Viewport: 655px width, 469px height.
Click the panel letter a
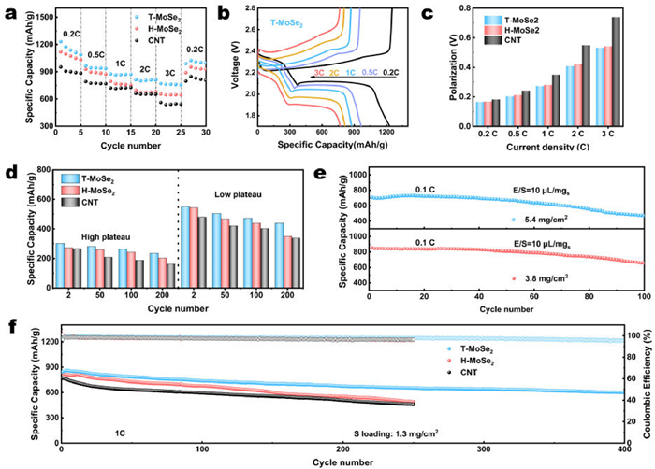pos(8,10)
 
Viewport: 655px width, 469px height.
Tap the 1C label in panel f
pos(93,433)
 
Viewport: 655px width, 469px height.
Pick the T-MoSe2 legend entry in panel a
pos(161,17)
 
